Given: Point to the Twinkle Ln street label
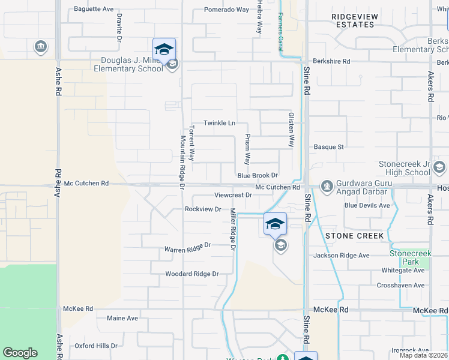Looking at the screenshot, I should [219, 123].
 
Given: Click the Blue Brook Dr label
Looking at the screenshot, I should [258, 176].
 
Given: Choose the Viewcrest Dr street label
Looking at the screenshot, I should [233, 196].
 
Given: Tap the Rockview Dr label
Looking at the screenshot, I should [203, 209].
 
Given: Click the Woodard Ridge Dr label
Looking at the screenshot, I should [192, 274].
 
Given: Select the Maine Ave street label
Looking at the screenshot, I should [122, 318].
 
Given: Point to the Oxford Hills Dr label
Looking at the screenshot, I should [96, 346].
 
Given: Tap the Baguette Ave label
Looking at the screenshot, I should [94, 9].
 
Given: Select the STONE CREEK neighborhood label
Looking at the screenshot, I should [354, 236].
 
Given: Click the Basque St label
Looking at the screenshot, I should [328, 146].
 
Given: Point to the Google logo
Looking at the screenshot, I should [20, 353].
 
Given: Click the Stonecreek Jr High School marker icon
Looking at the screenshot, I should [439, 167].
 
